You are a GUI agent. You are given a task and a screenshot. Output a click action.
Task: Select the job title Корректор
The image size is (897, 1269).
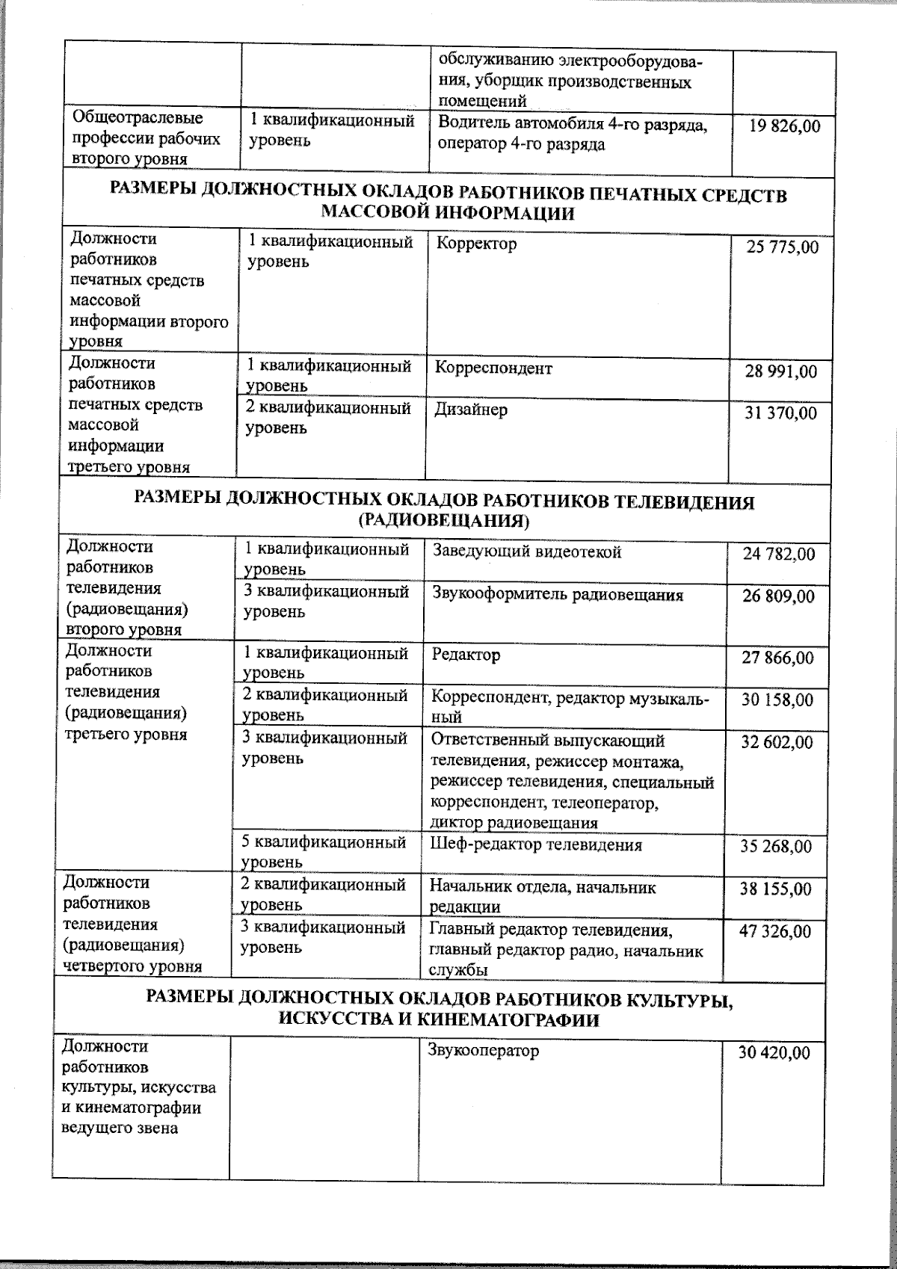tap(475, 244)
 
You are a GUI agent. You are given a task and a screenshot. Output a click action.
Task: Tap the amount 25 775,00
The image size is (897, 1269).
tap(783, 247)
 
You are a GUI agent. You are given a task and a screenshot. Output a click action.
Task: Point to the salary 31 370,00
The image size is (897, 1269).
tap(781, 413)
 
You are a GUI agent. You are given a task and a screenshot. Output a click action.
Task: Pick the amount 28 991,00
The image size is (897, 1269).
tap(781, 371)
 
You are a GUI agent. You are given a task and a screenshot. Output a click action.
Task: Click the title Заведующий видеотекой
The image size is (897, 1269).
tap(527, 552)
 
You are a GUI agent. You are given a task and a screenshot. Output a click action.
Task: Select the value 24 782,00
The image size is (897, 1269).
tap(779, 555)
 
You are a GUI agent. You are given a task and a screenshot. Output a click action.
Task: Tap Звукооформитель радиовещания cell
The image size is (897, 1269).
tap(558, 595)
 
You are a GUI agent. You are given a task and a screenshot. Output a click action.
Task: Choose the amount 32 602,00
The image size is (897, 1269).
tap(777, 742)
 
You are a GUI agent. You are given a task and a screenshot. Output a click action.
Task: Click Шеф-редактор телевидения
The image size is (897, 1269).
tap(535, 845)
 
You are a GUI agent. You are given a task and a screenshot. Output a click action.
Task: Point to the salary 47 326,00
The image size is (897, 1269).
tap(775, 931)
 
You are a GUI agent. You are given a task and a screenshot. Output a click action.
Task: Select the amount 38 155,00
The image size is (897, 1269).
tap(775, 889)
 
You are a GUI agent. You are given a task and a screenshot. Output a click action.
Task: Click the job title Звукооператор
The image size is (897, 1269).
tap(483, 1051)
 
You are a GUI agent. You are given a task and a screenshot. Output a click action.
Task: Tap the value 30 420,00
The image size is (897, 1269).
tap(774, 1053)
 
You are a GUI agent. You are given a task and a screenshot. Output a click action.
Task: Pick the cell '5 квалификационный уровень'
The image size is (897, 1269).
tap(323, 851)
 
